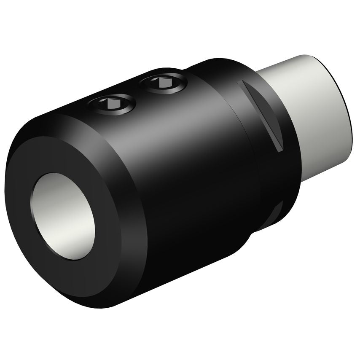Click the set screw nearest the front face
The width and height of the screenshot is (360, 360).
click(113, 104)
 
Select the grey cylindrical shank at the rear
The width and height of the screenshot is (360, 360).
click(312, 114)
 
